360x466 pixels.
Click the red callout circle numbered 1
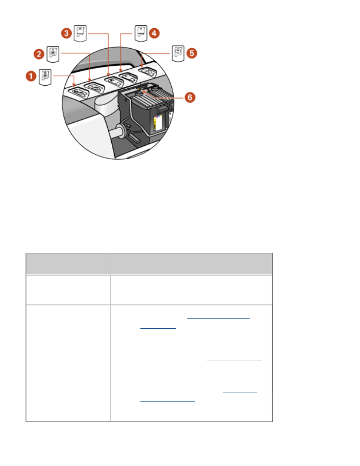point(31,77)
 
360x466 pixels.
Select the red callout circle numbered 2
point(39,54)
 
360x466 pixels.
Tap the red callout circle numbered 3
point(66,33)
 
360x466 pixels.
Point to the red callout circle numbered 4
point(154,33)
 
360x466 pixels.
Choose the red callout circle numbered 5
point(192,53)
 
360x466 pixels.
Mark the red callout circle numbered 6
point(190,97)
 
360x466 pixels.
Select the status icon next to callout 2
point(53,54)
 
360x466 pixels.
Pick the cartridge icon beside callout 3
point(80,33)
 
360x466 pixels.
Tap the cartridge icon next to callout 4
point(141,33)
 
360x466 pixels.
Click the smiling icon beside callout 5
point(178,53)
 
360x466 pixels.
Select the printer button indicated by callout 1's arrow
point(78,91)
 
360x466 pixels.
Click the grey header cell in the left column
point(68,264)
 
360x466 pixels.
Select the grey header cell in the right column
point(191,264)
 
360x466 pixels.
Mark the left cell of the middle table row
point(68,290)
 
